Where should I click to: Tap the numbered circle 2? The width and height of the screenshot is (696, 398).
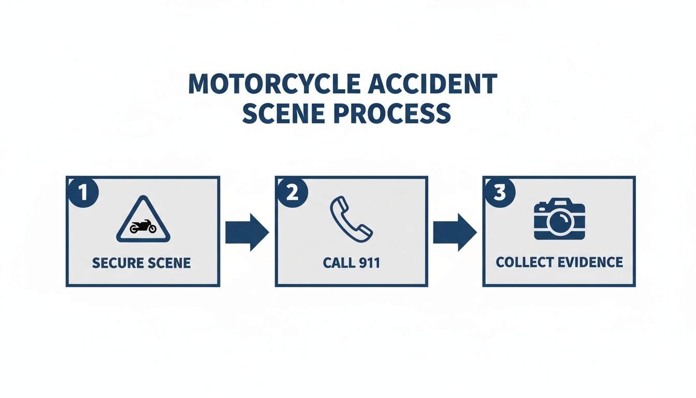point(292,193)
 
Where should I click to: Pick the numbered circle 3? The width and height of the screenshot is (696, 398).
point(500,193)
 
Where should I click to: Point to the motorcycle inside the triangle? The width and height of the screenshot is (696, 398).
point(143,228)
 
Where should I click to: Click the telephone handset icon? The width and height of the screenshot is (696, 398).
point(351,220)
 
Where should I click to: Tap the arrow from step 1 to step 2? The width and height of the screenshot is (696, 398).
point(247,232)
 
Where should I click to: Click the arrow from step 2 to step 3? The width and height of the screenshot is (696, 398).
point(455,232)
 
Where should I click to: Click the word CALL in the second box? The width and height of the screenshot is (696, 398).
point(337,263)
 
